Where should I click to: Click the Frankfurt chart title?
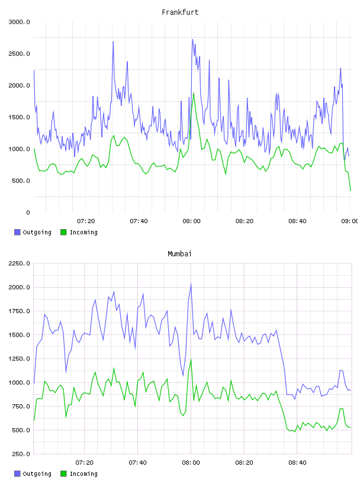(x=180, y=12)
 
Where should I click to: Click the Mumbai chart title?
(x=179, y=254)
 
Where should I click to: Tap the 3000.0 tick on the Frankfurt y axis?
(x=19, y=22)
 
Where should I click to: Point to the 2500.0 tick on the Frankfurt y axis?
(x=19, y=54)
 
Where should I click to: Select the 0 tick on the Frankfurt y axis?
(x=28, y=212)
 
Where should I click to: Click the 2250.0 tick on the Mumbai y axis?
(x=19, y=263)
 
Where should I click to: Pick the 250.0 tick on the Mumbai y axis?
(x=21, y=454)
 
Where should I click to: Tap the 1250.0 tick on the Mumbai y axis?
(x=19, y=359)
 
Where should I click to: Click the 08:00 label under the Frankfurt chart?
(x=191, y=221)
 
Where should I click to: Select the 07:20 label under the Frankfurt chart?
(x=86, y=221)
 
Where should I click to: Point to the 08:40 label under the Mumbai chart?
(x=297, y=463)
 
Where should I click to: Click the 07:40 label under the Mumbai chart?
(x=138, y=463)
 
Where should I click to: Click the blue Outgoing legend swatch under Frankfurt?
(x=17, y=232)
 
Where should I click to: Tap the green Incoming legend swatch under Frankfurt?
(x=63, y=232)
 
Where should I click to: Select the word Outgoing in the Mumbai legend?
(x=37, y=474)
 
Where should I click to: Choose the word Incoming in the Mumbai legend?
(x=83, y=474)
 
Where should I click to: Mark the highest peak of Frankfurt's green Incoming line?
(x=194, y=93)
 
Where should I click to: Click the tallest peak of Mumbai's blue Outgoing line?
(x=191, y=284)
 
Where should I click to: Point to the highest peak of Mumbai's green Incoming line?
(x=191, y=359)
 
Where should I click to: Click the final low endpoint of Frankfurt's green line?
(x=351, y=191)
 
